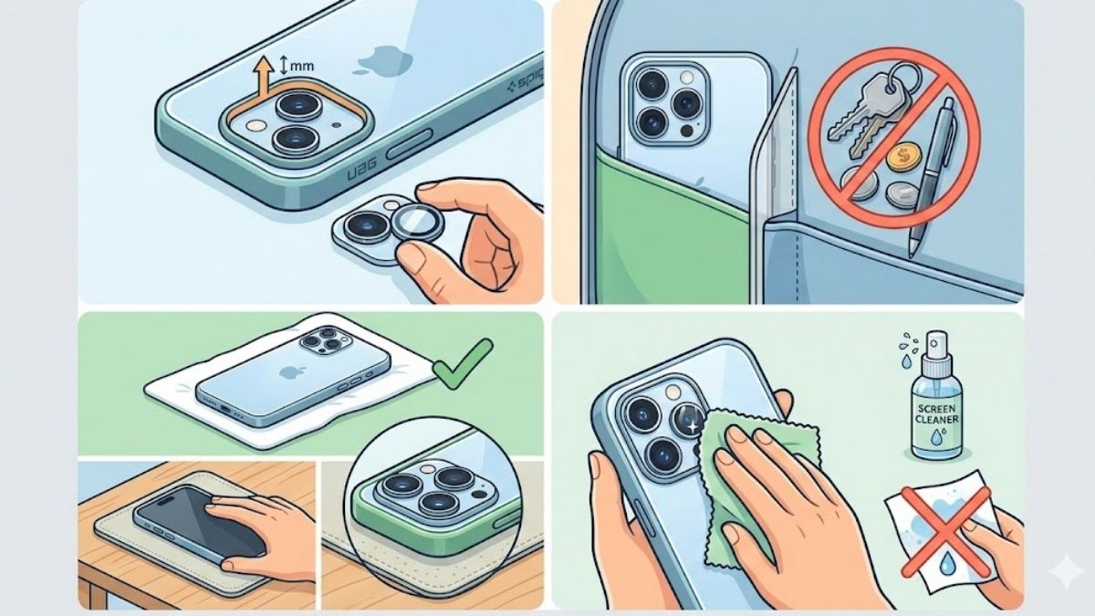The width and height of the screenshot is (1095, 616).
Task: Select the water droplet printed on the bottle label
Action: (935, 437)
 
